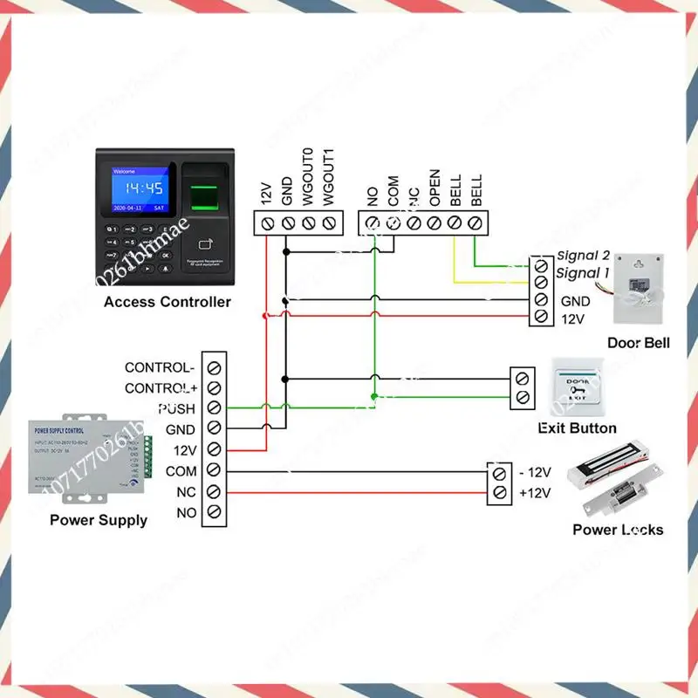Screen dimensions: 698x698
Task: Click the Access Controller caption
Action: point(168,302)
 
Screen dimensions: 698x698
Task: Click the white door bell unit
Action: point(641,289)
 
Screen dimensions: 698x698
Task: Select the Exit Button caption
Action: point(577,428)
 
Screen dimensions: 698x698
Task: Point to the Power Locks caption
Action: point(617,530)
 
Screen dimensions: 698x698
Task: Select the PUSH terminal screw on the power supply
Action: point(214,408)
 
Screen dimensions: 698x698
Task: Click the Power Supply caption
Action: point(99,520)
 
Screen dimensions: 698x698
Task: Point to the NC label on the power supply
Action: point(187,493)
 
